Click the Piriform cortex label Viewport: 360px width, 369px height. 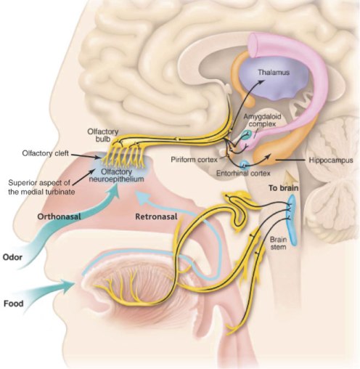[x=195, y=158]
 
